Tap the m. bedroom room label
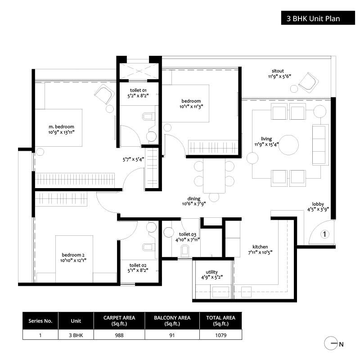62,126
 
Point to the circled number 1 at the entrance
325,234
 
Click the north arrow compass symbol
332,344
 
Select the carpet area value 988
119,335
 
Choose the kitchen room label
260,247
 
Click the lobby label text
318,204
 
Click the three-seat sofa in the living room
320,145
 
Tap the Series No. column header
40,321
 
